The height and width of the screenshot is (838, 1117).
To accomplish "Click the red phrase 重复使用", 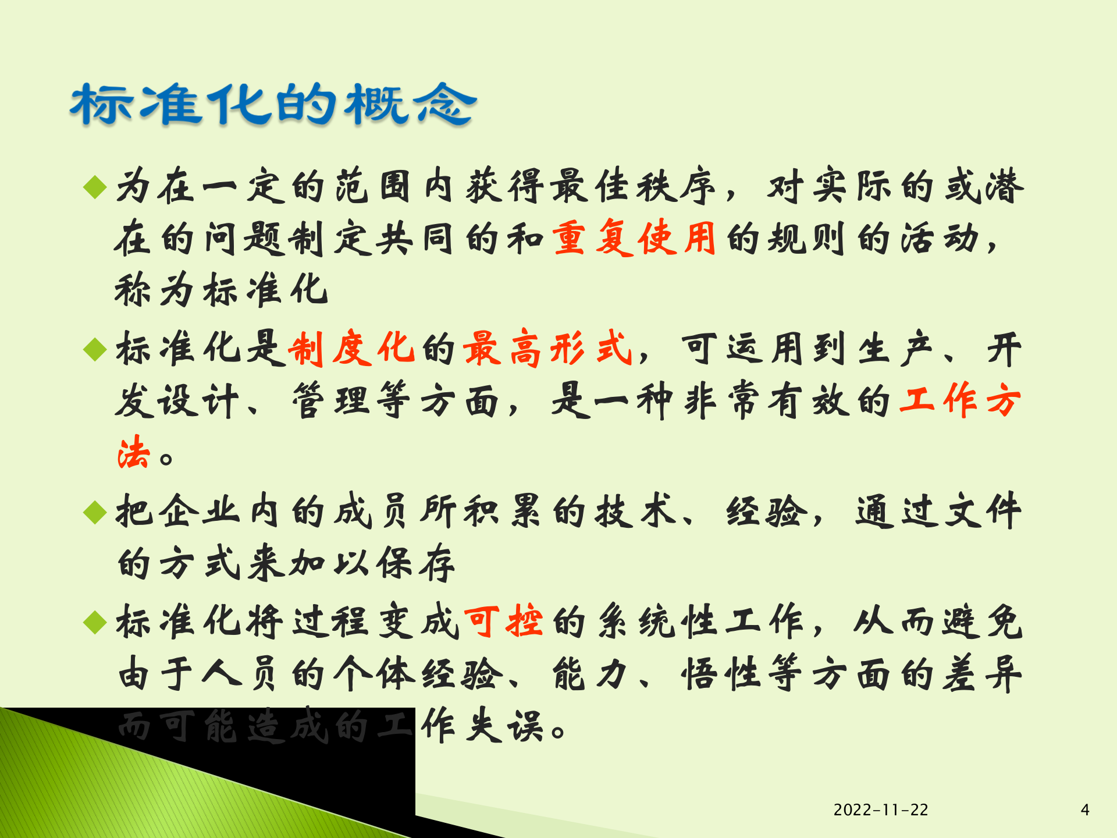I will (634, 238).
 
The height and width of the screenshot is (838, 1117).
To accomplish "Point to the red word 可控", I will (504, 621).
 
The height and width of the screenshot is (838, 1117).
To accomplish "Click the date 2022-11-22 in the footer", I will (881, 809).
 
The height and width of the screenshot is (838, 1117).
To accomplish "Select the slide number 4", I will (1084, 809).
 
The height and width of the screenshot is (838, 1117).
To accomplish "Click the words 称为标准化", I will (221, 290).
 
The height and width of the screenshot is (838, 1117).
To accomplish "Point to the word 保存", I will (416, 563).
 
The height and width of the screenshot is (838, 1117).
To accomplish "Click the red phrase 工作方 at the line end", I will (960, 400).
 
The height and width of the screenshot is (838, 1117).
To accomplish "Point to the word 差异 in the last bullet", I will (982, 674).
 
